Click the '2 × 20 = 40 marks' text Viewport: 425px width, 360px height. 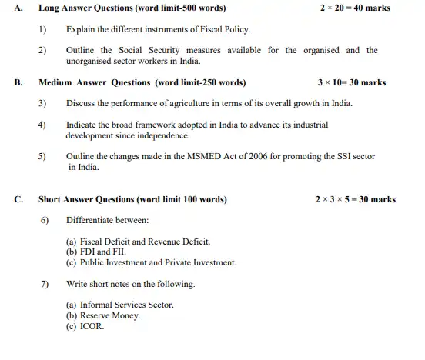[x=354, y=8]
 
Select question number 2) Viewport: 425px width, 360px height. [x=43, y=50]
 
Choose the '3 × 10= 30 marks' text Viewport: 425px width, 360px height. [x=351, y=82]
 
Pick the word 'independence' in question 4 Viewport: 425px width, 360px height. [x=165, y=135]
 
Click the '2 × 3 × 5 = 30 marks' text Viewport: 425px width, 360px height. [x=355, y=199]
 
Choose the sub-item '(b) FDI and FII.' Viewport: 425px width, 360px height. [x=96, y=252]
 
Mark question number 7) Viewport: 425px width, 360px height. [x=45, y=284]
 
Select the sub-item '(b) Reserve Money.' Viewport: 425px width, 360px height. [x=104, y=315]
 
